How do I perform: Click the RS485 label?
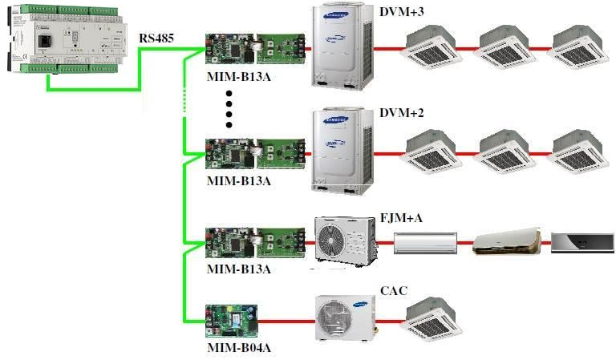(157, 38)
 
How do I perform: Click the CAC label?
(395, 291)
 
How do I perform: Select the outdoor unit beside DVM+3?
(342, 47)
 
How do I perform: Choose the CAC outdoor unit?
(343, 318)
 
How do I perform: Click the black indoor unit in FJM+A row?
(581, 241)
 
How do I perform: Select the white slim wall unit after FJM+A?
(425, 241)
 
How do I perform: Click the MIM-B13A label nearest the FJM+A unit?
(238, 269)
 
